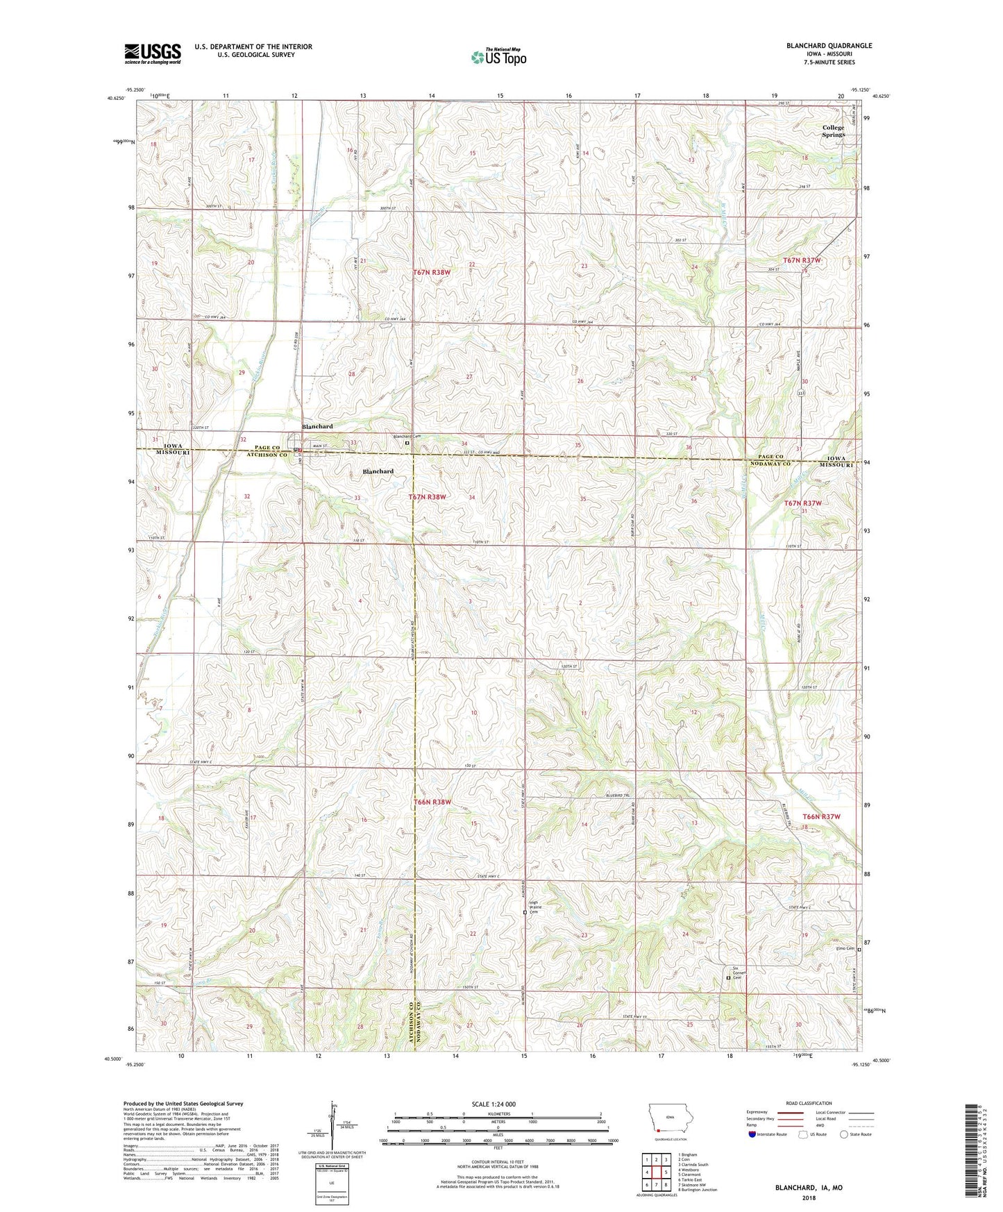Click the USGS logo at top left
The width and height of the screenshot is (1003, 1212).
153,53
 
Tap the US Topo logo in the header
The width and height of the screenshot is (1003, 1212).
498,57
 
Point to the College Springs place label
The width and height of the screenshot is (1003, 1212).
833,131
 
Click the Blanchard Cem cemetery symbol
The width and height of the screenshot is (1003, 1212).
407,442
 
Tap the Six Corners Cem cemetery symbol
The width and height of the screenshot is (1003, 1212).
728,978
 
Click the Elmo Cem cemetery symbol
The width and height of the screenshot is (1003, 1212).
859,949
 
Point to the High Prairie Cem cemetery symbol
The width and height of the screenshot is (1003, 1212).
524,914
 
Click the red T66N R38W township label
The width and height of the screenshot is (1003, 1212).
432,802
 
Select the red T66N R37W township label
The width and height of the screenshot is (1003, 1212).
821,817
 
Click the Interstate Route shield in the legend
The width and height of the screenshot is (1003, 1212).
752,1134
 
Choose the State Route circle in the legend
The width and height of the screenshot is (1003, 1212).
844,1134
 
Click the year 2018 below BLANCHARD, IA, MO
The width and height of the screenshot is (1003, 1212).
809,1197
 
